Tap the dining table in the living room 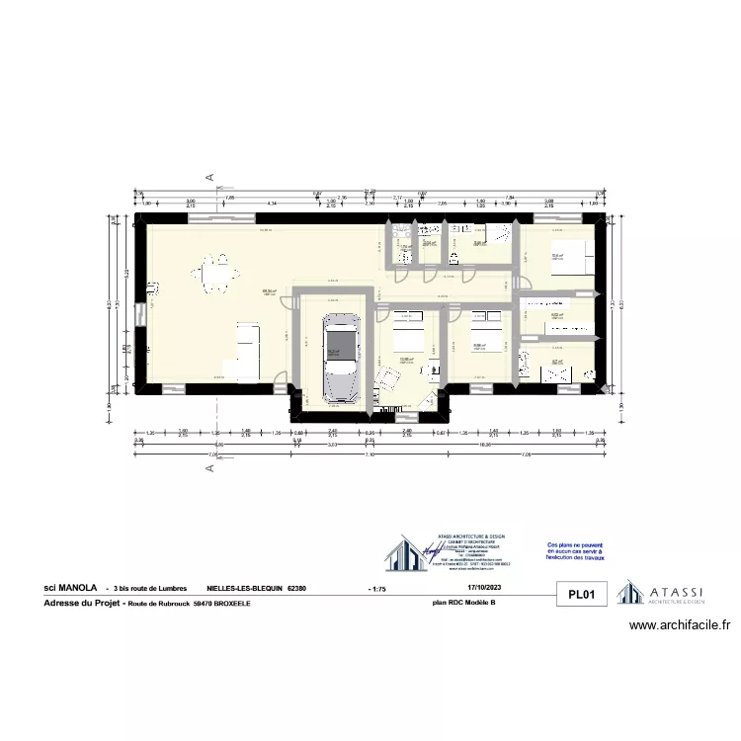tap(216, 276)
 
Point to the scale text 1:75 tap(377, 588)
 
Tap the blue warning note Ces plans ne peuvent tap(573, 551)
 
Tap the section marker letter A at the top tap(209, 177)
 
